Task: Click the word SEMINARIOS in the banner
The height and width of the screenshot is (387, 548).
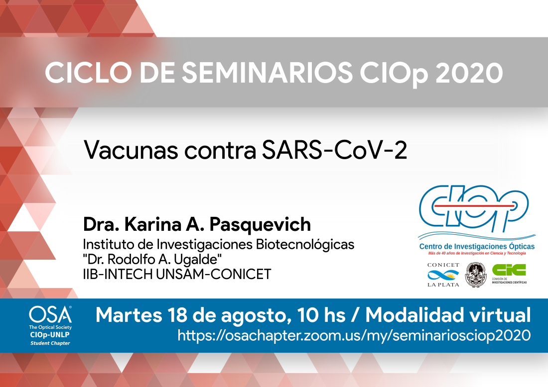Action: [267, 73]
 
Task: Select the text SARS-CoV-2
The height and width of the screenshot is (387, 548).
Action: [334, 150]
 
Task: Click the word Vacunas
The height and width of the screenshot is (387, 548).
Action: [131, 150]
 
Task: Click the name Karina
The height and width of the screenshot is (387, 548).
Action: [153, 224]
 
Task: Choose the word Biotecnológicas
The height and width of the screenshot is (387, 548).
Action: [305, 244]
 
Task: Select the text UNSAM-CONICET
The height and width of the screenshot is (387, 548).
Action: [214, 274]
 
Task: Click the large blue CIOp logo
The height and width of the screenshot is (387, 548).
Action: [474, 209]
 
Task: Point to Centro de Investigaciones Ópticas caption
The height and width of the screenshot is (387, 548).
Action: [477, 246]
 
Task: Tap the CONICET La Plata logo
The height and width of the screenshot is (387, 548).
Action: [443, 275]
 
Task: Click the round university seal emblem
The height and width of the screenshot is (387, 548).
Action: [476, 275]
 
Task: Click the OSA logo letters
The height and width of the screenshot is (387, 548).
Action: [50, 315]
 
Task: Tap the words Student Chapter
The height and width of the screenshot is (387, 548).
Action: [50, 343]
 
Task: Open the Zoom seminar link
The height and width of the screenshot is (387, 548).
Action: [354, 335]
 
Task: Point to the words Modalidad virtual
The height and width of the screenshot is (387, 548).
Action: [448, 315]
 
